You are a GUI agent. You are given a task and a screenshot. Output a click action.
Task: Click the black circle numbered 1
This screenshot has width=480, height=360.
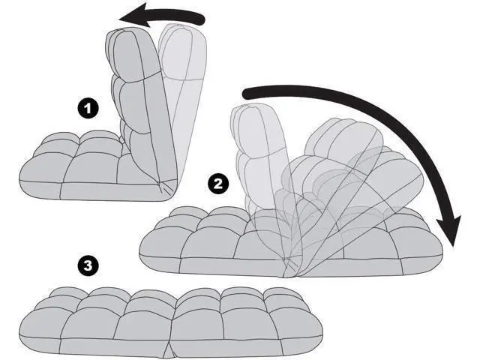[88, 108]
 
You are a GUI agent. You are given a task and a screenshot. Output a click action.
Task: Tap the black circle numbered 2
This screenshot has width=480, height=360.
[218, 184]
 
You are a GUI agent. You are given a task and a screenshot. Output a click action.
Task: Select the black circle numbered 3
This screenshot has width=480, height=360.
[88, 265]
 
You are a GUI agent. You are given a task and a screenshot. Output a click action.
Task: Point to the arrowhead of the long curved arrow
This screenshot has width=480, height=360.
[449, 229]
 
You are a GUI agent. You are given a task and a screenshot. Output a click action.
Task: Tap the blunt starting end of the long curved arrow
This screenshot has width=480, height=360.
[245, 93]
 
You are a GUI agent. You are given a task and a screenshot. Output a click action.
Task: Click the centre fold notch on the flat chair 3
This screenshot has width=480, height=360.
[170, 349]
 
